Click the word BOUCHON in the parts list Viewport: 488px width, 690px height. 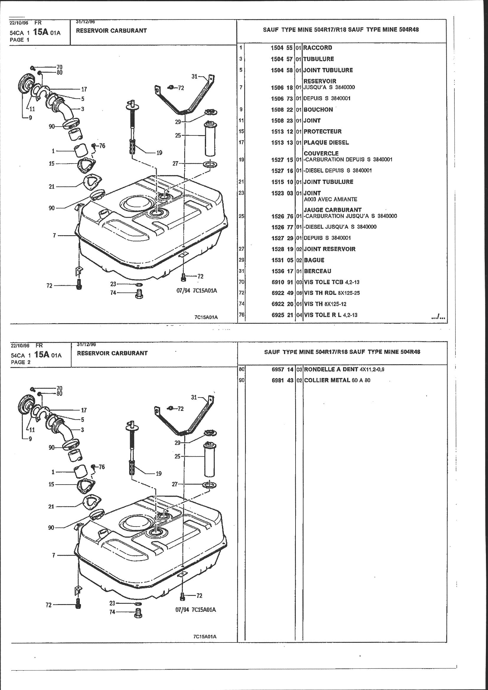coord(318,110)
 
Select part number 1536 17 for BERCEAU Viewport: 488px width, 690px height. coord(282,271)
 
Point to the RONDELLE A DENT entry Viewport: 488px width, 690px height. coord(344,369)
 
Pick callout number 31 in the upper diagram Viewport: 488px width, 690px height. coord(195,76)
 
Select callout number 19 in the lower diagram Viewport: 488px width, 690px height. coord(159,474)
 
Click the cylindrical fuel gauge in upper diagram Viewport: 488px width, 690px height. coord(211,138)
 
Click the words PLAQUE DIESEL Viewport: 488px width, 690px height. coord(326,143)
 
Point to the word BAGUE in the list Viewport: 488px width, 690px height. coord(314,260)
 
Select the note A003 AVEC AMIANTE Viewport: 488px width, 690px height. coord(330,199)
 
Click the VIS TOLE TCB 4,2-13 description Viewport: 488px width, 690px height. coord(332,282)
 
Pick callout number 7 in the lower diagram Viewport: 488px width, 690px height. coord(54,555)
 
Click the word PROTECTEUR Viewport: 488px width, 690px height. coord(323,131)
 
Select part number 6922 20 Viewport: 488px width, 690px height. coord(282,304)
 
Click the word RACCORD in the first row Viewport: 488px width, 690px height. coord(318,48)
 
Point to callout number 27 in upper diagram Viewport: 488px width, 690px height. coord(175,163)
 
